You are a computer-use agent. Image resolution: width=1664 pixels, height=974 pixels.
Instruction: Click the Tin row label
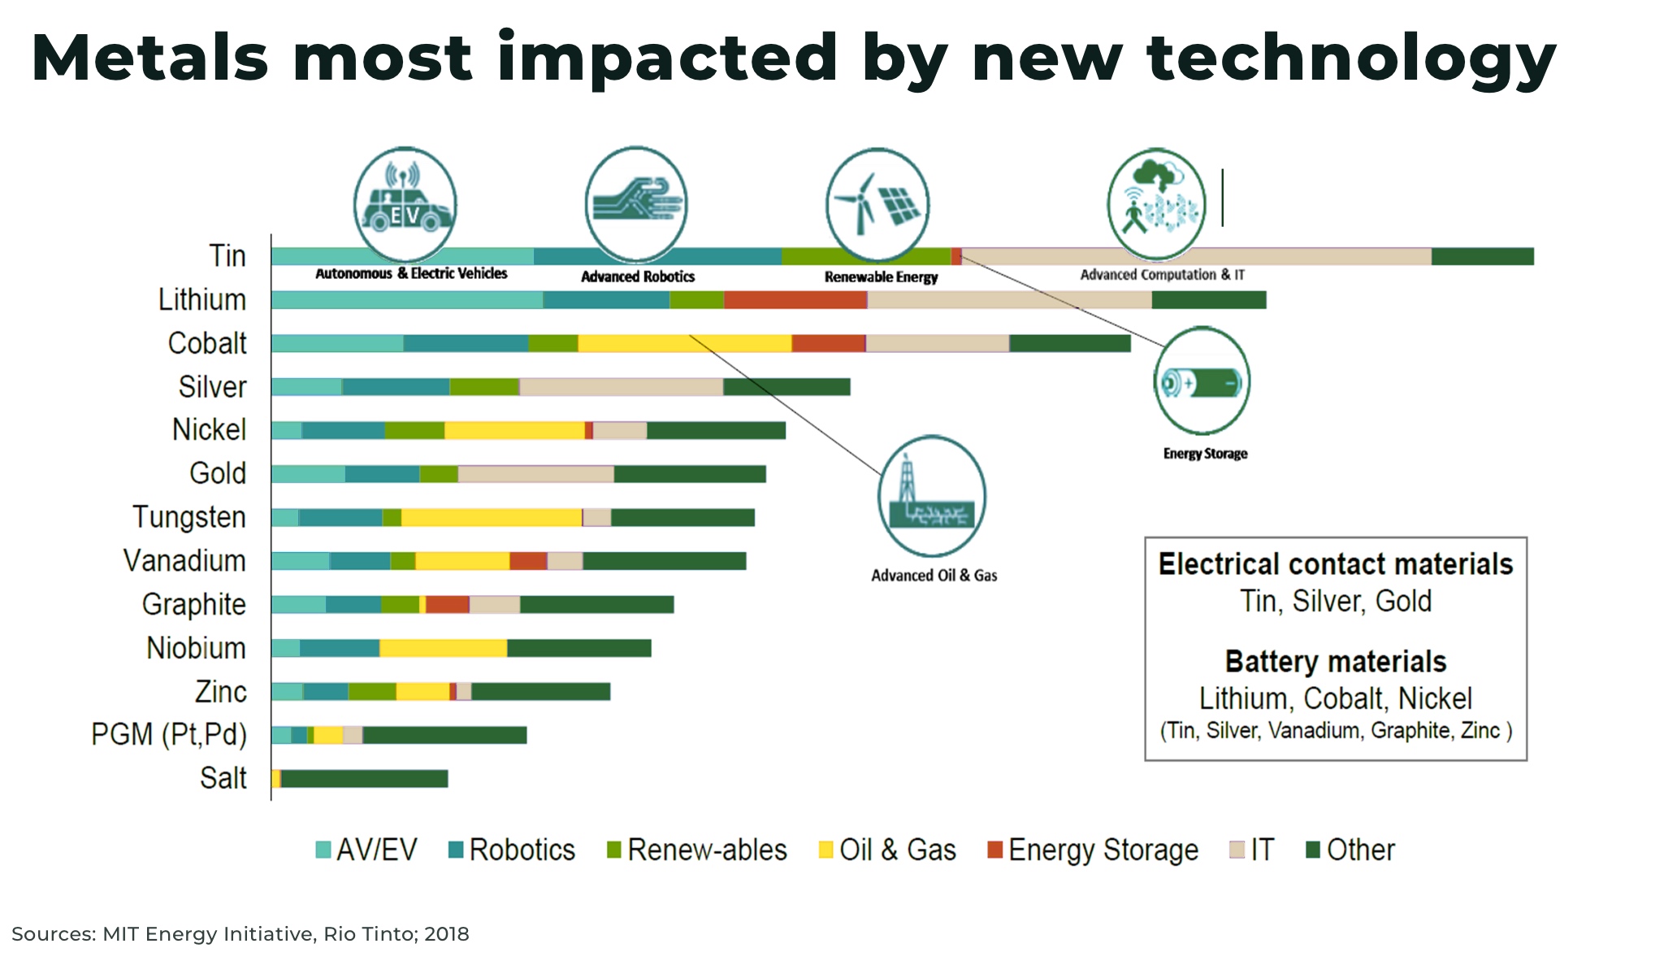pyautogui.click(x=227, y=256)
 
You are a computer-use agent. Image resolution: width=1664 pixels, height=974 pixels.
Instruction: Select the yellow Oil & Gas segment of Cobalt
pyautogui.click(x=684, y=343)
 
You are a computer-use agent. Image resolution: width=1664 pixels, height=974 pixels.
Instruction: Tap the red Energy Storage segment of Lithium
pyautogui.click(x=795, y=300)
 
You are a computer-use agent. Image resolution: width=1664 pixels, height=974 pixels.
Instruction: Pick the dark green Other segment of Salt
pyautogui.click(x=364, y=779)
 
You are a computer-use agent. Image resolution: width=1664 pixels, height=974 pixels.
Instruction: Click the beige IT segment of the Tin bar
pyautogui.click(x=1195, y=257)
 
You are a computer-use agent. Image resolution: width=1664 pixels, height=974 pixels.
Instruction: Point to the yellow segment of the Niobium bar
pyautogui.click(x=443, y=648)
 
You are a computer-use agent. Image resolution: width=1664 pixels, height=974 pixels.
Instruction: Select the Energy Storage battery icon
pyautogui.click(x=1202, y=382)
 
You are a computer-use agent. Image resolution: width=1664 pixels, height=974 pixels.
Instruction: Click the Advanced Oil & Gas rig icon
pyautogui.click(x=932, y=497)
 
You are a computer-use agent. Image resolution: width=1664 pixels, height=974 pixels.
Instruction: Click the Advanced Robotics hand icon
pyautogui.click(x=636, y=203)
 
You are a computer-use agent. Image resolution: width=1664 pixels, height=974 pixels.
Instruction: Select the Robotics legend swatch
pyautogui.click(x=456, y=850)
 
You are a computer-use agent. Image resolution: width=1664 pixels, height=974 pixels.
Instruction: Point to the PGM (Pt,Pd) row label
pyautogui.click(x=168, y=735)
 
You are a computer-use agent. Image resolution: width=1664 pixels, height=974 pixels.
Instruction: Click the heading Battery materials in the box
pyautogui.click(x=1335, y=662)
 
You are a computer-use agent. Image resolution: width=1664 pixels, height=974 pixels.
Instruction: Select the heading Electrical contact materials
pyautogui.click(x=1335, y=564)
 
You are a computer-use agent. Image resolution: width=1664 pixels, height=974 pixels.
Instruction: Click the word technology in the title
pyautogui.click(x=1350, y=59)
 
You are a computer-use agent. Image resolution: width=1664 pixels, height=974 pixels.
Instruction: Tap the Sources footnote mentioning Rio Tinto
pyautogui.click(x=240, y=934)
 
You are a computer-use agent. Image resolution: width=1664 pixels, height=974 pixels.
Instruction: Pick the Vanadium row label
pyautogui.click(x=184, y=561)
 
